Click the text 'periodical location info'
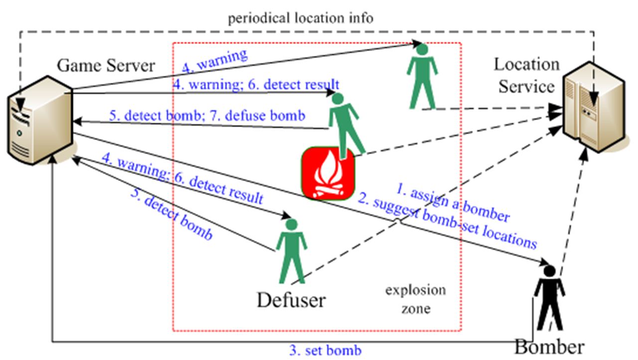[301, 19]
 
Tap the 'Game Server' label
[106, 65]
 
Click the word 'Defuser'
[291, 300]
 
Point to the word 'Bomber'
[549, 347]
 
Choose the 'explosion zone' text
[415, 299]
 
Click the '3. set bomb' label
[325, 350]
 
